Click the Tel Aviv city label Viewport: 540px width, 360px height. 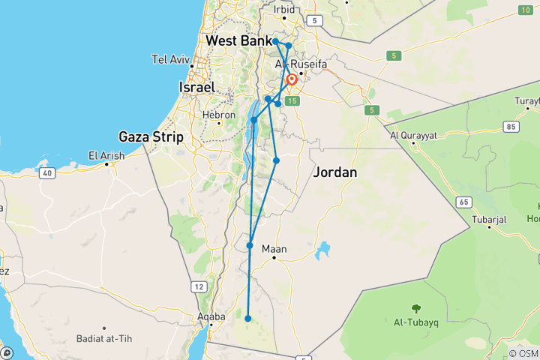coord(169,59)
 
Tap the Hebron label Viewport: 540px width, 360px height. coord(219,115)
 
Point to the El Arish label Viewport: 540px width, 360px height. coord(106,156)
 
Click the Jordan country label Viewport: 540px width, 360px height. coord(334,172)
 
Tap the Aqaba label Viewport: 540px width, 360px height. coord(211,317)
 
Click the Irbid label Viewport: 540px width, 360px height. coord(285,10)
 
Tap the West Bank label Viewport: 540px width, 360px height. coord(238,40)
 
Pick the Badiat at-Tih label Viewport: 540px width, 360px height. coord(104,339)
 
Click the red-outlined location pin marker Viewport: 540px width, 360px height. coord(291,79)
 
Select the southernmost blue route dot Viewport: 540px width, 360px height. coord(248,319)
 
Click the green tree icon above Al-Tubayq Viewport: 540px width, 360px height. coord(415,307)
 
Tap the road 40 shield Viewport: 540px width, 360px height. coord(46,173)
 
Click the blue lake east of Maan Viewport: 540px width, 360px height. coord(325,249)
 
